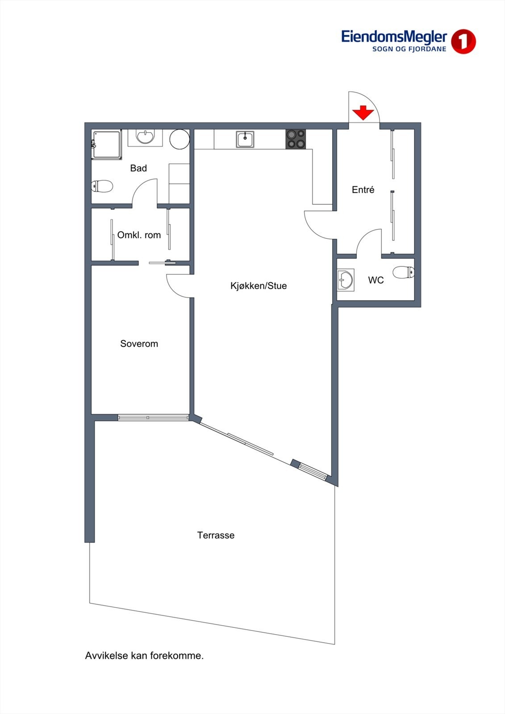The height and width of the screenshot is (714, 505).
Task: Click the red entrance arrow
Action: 363,112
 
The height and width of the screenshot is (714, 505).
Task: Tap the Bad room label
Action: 138,168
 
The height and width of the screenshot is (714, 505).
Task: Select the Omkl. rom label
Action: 139,235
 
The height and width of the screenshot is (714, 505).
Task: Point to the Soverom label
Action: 139,344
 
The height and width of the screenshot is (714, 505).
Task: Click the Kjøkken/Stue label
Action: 259,286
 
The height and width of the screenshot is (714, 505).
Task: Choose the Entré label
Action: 363,190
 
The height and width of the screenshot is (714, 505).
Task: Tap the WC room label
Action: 376,280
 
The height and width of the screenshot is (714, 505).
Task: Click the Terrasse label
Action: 216,535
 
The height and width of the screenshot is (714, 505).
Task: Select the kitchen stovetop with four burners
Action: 296,139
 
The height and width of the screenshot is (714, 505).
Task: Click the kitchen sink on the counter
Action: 245,139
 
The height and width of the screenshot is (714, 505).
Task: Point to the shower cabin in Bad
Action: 107,144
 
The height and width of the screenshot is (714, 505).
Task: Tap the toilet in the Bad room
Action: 102,186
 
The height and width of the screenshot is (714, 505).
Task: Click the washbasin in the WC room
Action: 345,280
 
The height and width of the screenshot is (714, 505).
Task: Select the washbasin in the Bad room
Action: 145,137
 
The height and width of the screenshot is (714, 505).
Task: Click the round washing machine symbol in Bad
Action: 179,139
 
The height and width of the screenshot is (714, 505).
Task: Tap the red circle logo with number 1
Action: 463,42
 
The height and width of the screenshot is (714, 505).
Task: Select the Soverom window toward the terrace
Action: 153,418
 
